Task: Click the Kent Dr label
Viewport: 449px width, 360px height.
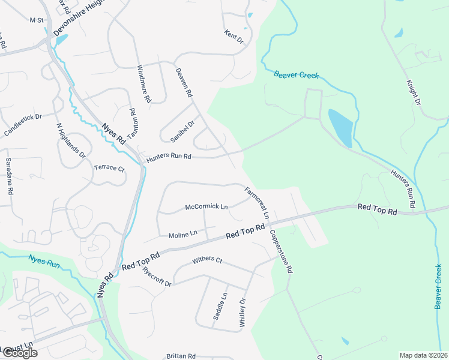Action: [234, 37]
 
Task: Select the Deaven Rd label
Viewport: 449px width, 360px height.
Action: [184, 82]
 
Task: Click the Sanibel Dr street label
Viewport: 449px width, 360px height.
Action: [182, 131]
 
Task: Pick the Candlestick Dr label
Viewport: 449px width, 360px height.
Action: [22, 125]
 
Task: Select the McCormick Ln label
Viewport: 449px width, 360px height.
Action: [206, 206]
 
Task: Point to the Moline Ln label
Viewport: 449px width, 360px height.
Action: [183, 234]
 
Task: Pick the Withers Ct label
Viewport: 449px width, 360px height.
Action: [207, 260]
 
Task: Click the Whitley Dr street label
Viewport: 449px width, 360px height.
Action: [243, 313]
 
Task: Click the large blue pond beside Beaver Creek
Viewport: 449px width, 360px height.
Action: [340, 127]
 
